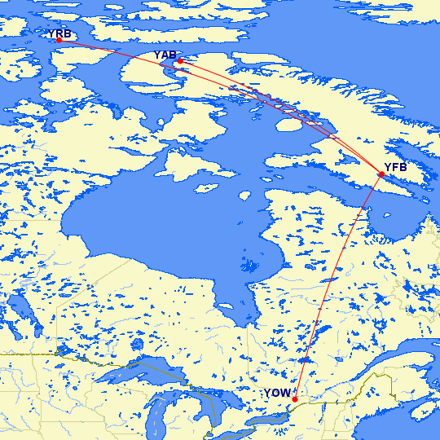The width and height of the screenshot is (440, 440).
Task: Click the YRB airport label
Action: coord(59,33)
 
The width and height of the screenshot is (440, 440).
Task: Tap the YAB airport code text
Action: coord(165,55)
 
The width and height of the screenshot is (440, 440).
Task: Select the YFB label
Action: coord(395,168)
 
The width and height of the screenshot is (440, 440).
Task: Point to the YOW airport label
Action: coord(275,394)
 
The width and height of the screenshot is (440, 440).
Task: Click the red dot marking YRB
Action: coord(59,40)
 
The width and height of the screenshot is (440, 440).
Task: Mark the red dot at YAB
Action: coord(179,60)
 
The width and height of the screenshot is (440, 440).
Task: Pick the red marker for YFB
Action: coord(381,174)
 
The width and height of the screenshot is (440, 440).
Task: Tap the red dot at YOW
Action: coord(294,399)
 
